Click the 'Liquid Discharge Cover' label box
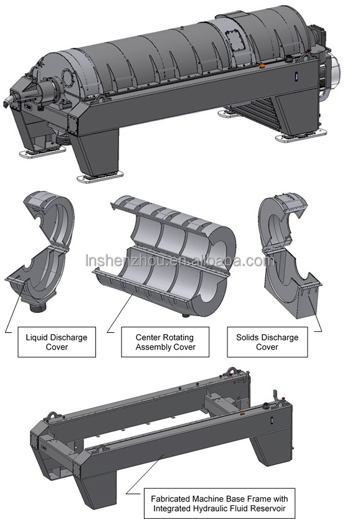pos(57,342)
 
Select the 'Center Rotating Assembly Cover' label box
pos(165,342)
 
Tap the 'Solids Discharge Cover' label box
pos(267,342)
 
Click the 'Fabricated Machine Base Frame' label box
pos(220,503)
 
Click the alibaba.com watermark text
pos(180,261)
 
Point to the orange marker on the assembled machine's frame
pos(262,67)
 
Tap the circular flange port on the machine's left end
pos(67,78)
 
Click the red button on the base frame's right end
pos(283,398)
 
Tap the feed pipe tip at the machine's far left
pos(7,102)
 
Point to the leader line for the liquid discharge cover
pos(14,307)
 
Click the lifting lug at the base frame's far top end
pos(231,371)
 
